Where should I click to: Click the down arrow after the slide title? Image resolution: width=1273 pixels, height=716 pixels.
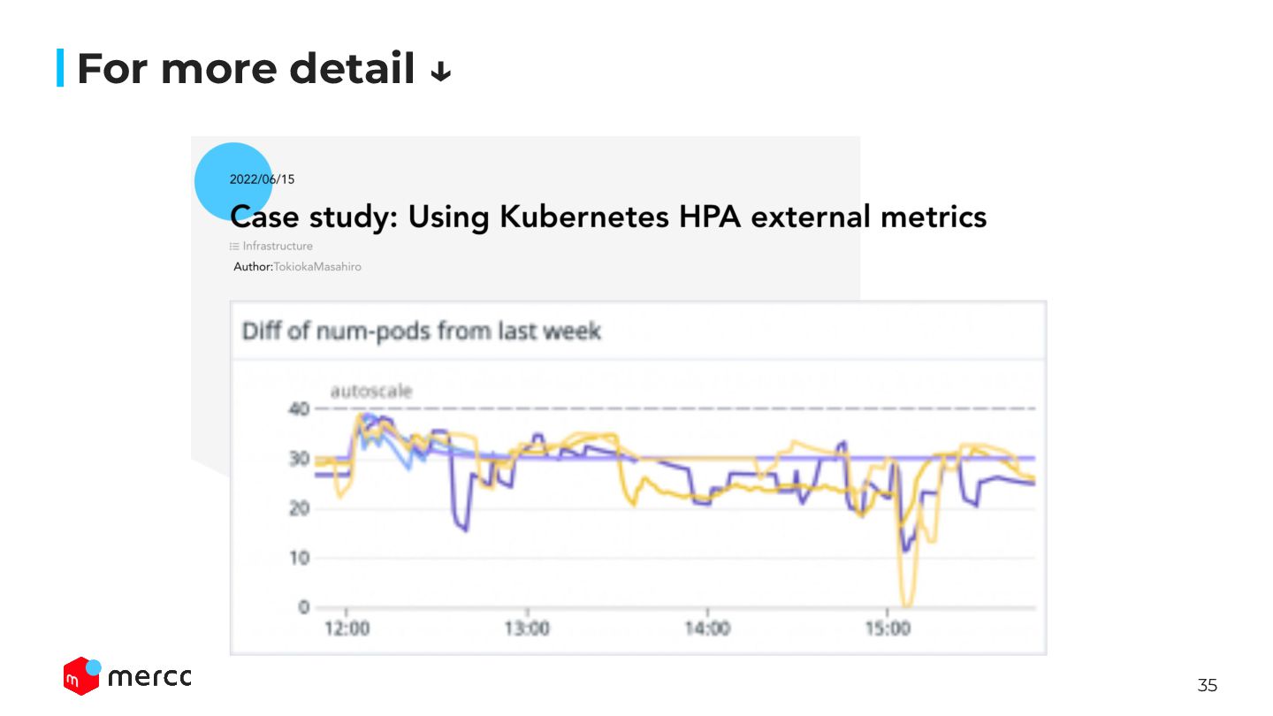coord(440,72)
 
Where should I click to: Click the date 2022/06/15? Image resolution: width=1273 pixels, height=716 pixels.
coord(262,179)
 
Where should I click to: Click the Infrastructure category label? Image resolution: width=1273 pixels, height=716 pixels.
coord(277,247)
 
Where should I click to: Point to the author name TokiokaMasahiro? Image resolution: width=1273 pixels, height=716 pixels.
coord(316,266)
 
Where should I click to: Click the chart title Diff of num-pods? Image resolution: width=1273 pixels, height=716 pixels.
coord(421,331)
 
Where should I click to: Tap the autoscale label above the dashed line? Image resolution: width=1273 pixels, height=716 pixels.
coord(370,392)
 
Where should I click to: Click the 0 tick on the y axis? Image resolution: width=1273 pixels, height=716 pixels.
coord(303,607)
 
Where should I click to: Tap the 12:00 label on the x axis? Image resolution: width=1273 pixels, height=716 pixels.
coord(347,629)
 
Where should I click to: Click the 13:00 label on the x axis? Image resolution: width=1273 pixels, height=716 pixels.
coord(528,629)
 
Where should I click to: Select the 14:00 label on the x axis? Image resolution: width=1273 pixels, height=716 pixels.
coord(707,629)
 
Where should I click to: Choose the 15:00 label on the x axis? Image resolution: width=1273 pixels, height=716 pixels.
coord(888,629)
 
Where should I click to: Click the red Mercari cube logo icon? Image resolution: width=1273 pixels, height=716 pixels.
coord(80,676)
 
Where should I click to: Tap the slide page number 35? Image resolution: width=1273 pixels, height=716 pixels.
coord(1207,685)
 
